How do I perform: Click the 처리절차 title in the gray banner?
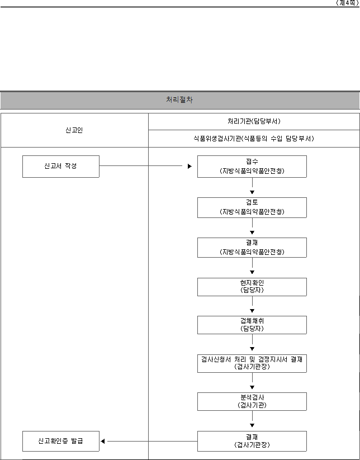[x=179, y=99]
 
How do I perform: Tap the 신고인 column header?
[x=74, y=130]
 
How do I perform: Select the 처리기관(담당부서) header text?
[x=254, y=121]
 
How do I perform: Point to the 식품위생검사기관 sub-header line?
[x=253, y=138]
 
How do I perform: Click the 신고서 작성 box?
[x=61, y=167]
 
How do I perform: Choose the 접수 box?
[x=252, y=167]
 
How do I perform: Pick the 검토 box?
[x=252, y=207]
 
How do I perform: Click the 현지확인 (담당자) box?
[x=252, y=287]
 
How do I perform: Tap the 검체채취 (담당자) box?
[x=252, y=325]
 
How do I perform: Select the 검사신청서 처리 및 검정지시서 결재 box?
[x=252, y=363]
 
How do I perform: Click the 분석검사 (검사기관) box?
[x=252, y=402]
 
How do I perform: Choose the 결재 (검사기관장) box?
[x=252, y=441]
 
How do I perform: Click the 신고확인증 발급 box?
[x=61, y=441]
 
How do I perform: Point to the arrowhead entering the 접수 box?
[x=190, y=167]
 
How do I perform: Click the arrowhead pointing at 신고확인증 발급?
[x=103, y=441]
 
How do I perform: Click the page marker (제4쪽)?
[x=347, y=3]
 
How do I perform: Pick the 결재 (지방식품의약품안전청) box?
[x=252, y=248]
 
